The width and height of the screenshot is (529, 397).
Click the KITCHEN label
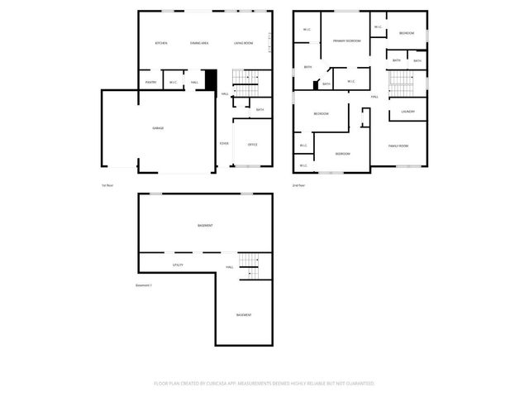coord(162,43)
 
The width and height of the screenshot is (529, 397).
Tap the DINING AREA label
coord(199,43)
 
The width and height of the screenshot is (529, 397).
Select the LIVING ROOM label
coord(242,43)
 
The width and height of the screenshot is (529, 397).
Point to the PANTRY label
coord(150,83)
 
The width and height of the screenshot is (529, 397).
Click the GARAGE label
coord(157,128)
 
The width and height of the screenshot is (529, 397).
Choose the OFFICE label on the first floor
coord(253,144)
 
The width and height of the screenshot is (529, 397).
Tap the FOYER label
coord(224,144)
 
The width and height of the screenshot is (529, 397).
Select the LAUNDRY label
coord(407,112)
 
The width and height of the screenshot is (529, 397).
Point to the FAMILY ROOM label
coord(399,146)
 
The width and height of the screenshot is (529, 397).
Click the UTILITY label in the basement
coord(178,265)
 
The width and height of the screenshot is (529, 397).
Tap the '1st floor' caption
coord(107,185)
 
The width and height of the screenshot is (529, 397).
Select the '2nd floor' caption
coord(298,185)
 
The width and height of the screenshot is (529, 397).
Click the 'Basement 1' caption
coord(144,286)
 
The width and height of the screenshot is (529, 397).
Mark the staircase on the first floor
coord(245,79)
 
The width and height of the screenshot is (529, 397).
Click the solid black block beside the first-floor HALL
coord(211,80)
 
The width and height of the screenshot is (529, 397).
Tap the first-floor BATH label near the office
coord(260,110)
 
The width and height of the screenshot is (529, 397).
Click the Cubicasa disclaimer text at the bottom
coord(264,384)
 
